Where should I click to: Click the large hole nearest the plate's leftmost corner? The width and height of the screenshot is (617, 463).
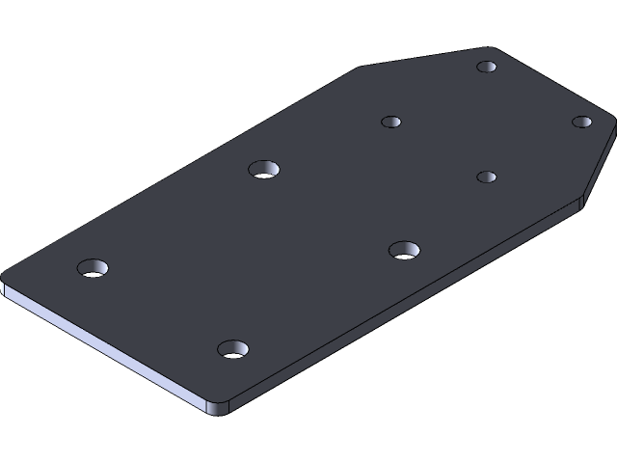point(93,267)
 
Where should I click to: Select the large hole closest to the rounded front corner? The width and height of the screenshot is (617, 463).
point(231,348)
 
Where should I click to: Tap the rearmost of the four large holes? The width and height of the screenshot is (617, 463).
point(263,169)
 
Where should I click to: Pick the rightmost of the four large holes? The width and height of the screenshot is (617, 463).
point(404,251)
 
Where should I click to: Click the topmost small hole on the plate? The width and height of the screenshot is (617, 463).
point(487,68)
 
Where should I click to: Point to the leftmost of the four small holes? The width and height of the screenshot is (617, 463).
point(390,122)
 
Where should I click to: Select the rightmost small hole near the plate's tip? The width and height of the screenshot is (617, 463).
point(581,122)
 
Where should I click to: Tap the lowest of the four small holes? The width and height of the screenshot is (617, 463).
point(487,177)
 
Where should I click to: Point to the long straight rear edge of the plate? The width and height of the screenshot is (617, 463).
point(183,165)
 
